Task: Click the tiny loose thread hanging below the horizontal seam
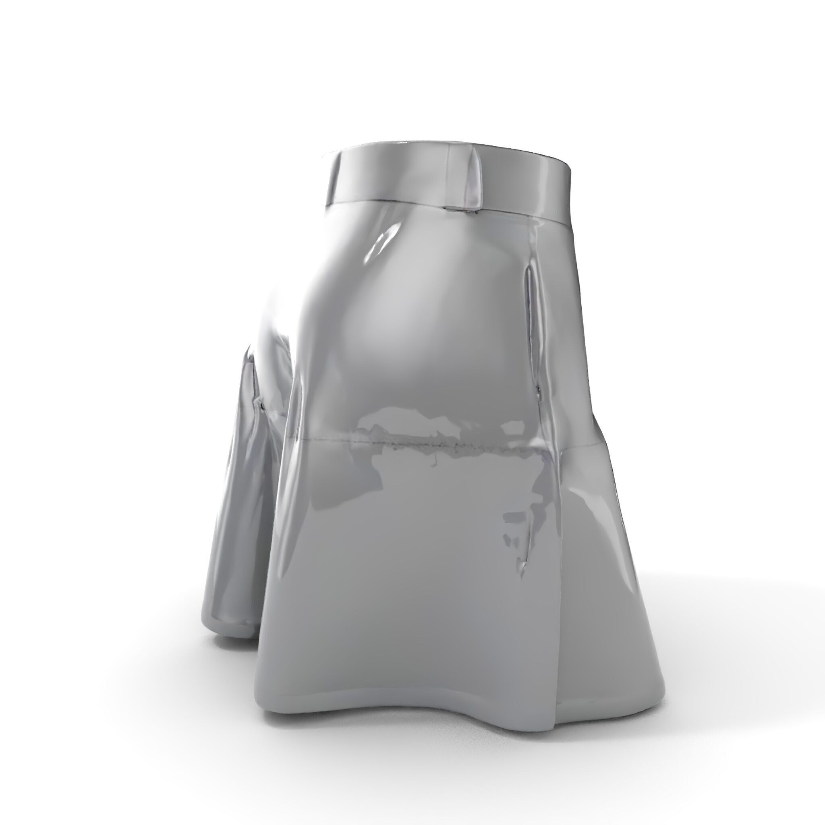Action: (435, 461)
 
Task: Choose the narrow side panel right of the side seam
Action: (598, 555)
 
